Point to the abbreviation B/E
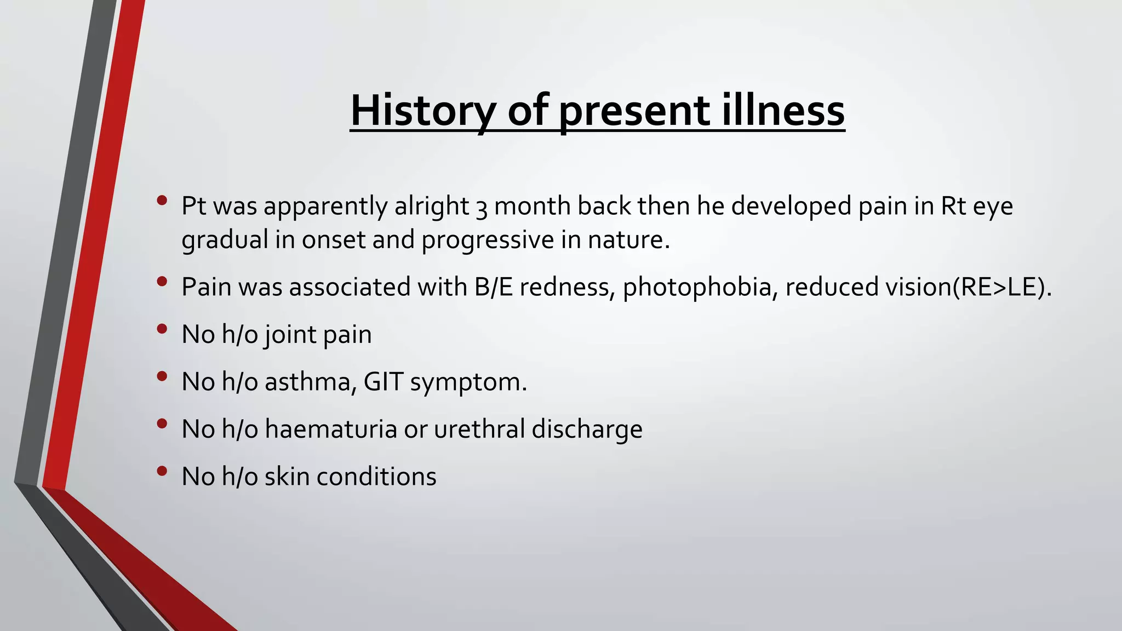493,288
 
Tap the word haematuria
331,429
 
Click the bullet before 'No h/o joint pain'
161,329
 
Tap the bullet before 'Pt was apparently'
161,200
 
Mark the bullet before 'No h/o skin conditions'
161,471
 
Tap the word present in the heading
634,111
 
